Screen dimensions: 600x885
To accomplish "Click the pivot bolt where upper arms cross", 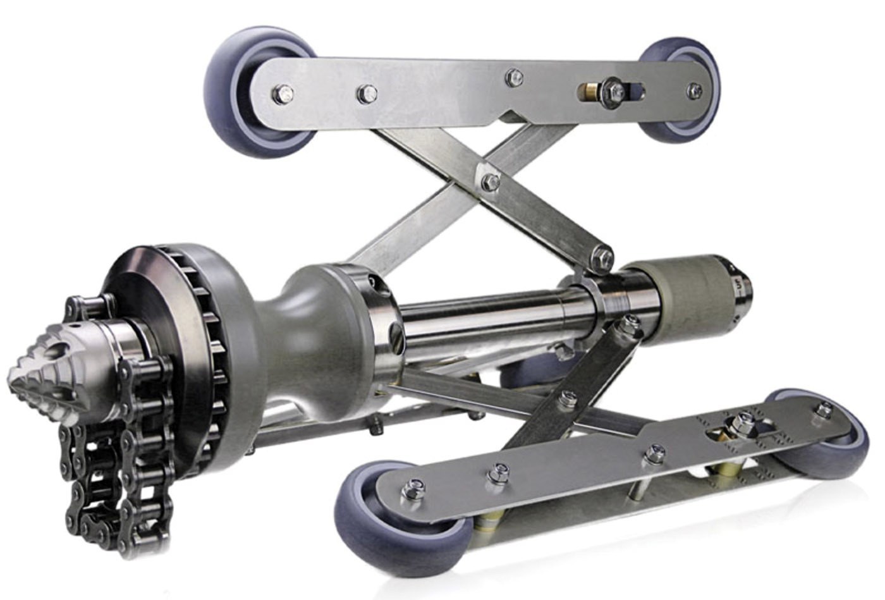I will [490, 182].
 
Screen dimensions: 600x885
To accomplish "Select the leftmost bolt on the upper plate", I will [283, 95].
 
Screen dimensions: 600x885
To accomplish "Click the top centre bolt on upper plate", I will [514, 77].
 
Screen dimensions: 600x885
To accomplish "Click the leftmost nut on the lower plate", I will [416, 486].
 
